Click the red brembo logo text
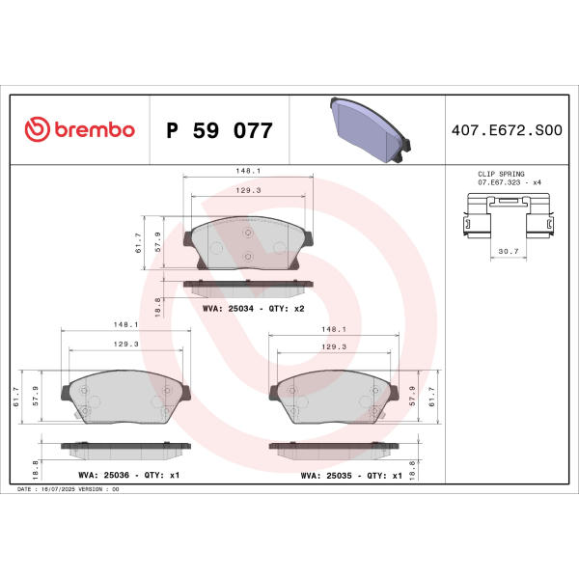pyautogui.click(x=95, y=129)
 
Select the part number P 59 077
pyautogui.click(x=219, y=130)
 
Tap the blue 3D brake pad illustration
pyautogui.click(x=370, y=129)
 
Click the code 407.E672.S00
pyautogui.click(x=507, y=130)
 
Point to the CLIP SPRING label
pyautogui.click(x=501, y=174)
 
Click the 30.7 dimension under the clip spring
pyautogui.click(x=509, y=251)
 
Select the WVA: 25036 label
pyautogui.click(x=104, y=475)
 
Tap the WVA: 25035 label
pyautogui.click(x=326, y=476)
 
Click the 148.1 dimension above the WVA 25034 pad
pyautogui.click(x=248, y=171)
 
